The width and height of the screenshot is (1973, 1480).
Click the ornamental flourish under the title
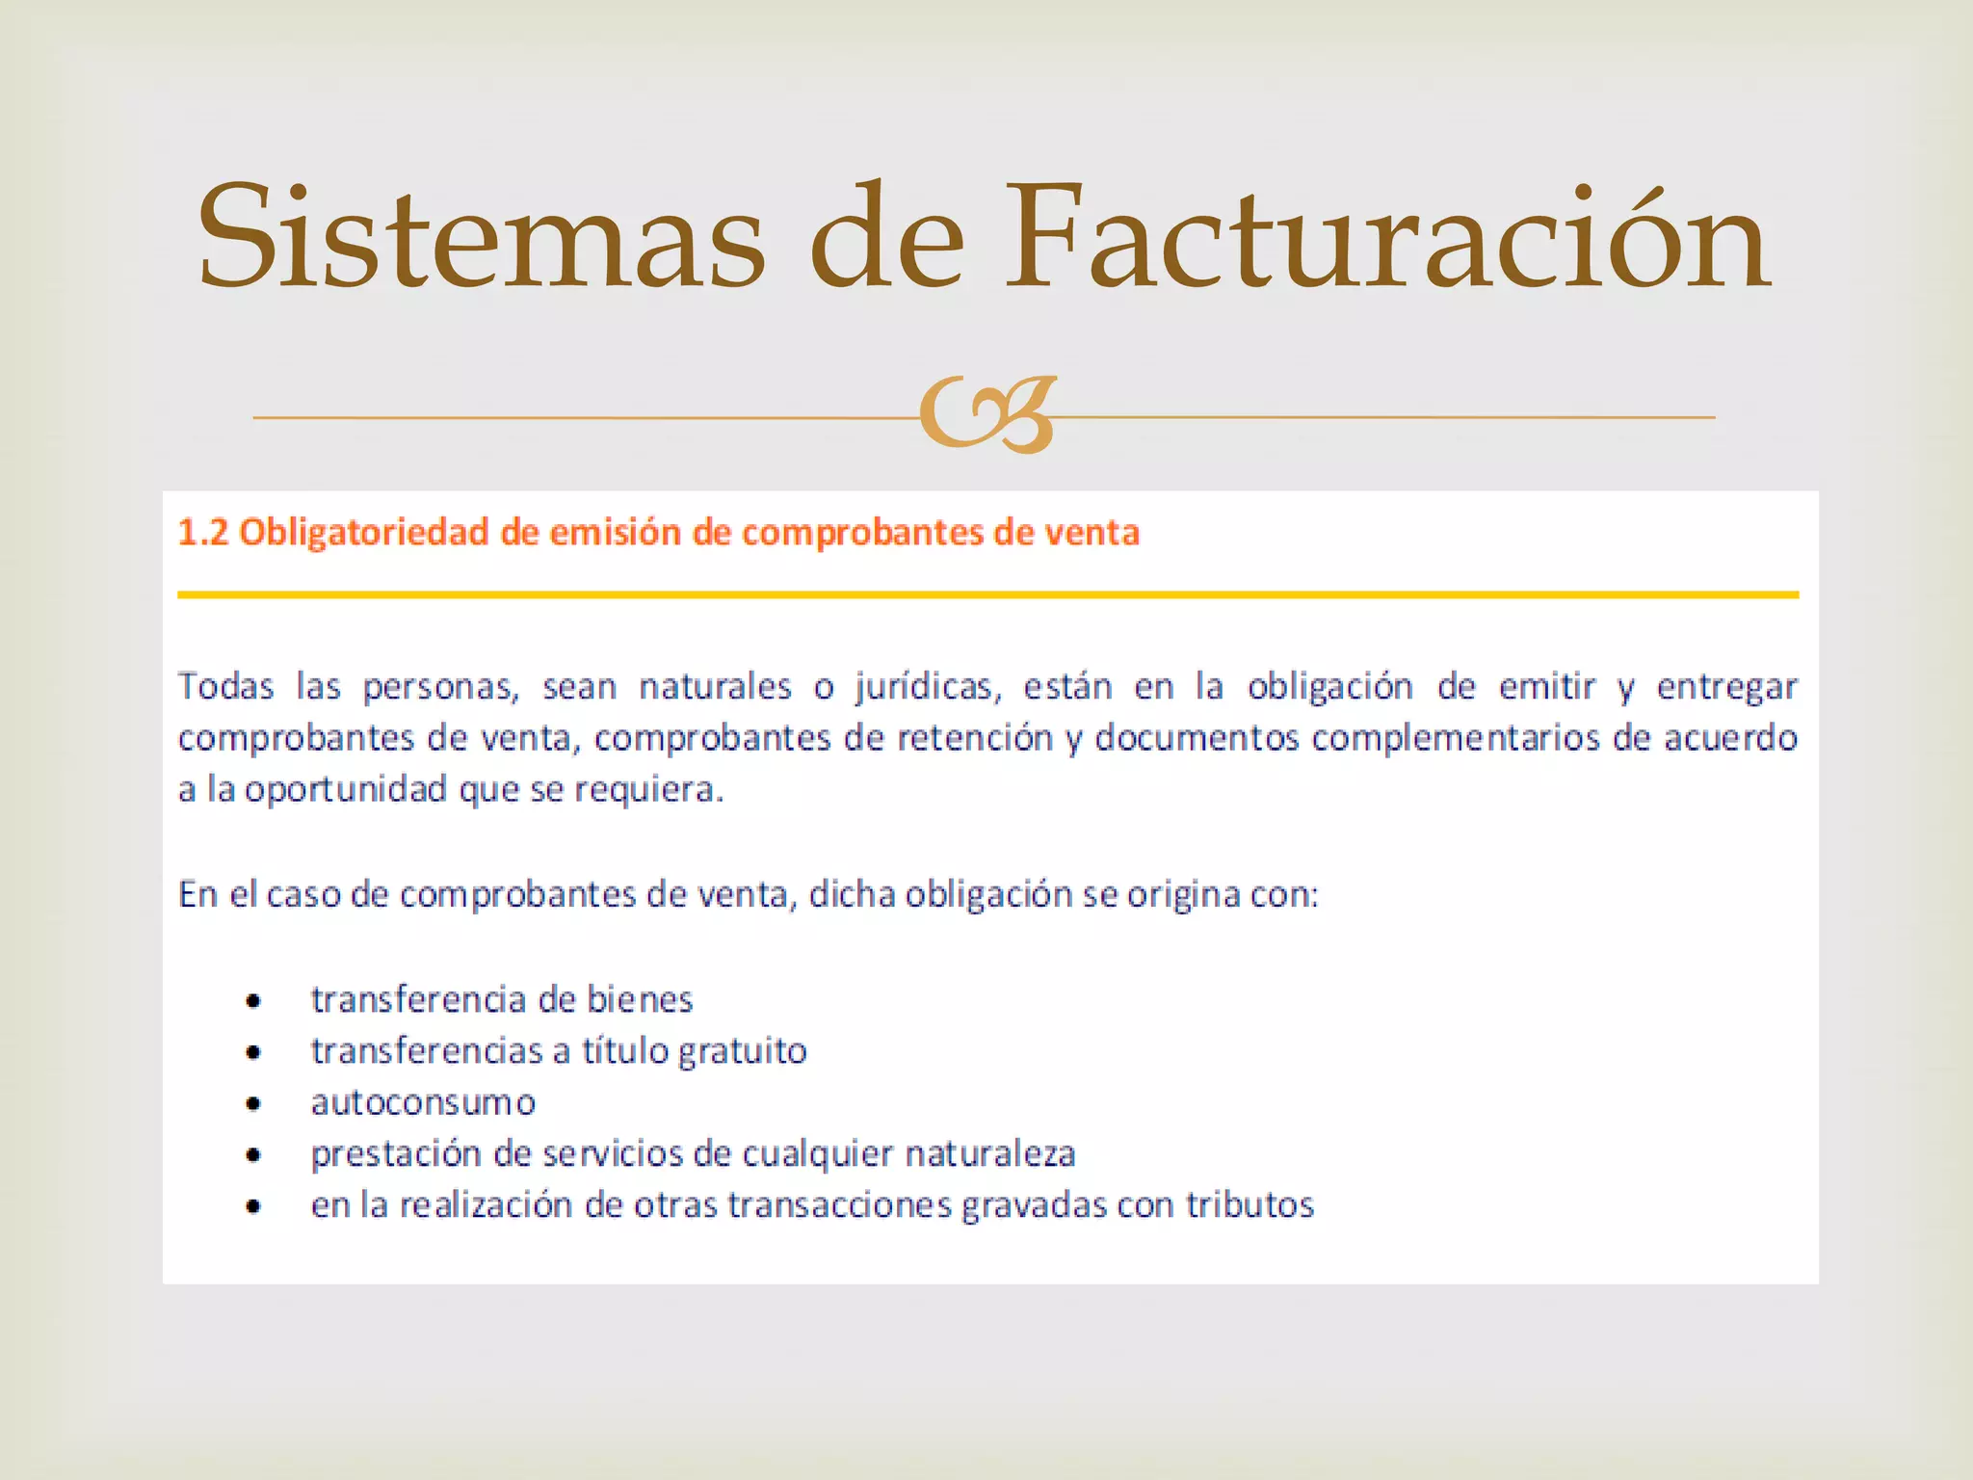[987, 415]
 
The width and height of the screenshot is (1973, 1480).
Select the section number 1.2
[203, 533]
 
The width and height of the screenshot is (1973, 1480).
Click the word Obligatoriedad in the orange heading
[364, 533]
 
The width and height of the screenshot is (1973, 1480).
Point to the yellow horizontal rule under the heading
[987, 595]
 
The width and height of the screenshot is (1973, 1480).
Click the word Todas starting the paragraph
[226, 687]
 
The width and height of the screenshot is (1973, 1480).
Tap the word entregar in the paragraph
[1726, 687]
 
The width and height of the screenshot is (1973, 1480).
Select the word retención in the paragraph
[975, 738]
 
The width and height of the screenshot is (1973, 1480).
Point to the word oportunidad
[346, 790]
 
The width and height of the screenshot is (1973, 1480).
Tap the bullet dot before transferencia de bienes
[253, 1001]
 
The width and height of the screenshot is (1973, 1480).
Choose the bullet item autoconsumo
[423, 1102]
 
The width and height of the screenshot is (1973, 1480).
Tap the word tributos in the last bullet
[1250, 1205]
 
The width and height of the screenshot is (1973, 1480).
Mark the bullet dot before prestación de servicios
[253, 1154]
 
